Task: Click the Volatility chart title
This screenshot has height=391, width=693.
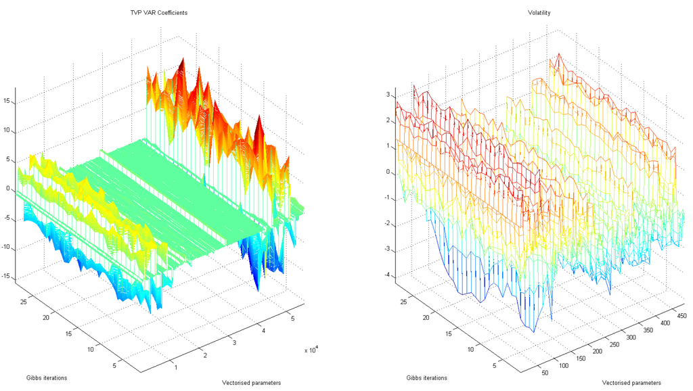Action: click(x=539, y=13)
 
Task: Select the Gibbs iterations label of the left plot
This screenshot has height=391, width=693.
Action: click(x=47, y=377)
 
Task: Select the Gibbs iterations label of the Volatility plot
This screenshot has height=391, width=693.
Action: click(x=427, y=377)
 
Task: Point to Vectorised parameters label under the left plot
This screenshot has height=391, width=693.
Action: click(x=251, y=383)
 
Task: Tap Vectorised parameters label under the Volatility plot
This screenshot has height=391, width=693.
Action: click(x=631, y=383)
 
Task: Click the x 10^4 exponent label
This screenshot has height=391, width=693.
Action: click(x=311, y=350)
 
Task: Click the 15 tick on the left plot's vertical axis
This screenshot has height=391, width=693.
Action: click(x=8, y=101)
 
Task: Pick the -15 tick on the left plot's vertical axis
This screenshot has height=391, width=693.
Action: click(x=7, y=276)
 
